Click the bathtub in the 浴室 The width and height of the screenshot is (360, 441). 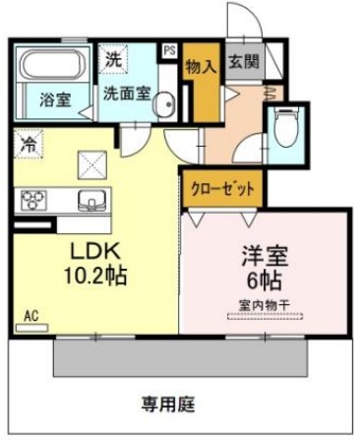[x=53, y=64]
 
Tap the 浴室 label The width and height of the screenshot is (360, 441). [x=55, y=99]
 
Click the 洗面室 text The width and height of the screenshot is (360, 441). [x=127, y=94]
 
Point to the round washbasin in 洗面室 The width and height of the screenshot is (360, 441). [x=164, y=103]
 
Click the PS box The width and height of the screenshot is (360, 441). [x=170, y=51]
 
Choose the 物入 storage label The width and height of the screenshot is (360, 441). [x=201, y=68]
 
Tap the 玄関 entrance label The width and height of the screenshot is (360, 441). [x=244, y=62]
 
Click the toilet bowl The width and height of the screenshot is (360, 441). [x=288, y=127]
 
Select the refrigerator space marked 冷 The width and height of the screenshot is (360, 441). [x=29, y=144]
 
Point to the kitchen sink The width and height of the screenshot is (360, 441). [x=92, y=200]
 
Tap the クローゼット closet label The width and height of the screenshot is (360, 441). [x=222, y=189]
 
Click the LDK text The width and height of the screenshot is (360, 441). [x=95, y=252]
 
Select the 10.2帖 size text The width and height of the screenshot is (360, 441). [x=95, y=277]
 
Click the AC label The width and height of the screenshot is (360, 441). [x=31, y=316]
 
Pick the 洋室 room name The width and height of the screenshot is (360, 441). [x=265, y=256]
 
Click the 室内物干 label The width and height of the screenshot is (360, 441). [x=265, y=306]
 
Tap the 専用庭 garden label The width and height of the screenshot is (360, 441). [x=168, y=405]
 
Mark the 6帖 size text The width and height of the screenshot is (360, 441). [x=265, y=282]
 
